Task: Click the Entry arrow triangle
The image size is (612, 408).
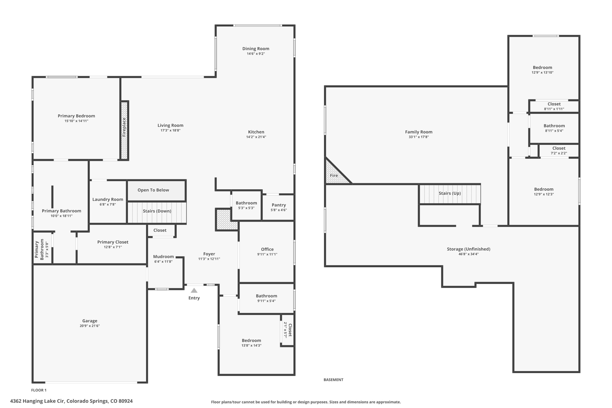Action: tap(194, 290)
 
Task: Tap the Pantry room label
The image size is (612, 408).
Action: tap(279, 205)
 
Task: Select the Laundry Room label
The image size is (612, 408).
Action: tap(108, 199)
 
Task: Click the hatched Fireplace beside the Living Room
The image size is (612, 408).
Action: tap(124, 130)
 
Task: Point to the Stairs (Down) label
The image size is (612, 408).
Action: tap(157, 211)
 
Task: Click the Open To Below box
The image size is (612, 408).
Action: tap(156, 190)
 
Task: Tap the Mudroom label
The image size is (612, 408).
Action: tap(164, 256)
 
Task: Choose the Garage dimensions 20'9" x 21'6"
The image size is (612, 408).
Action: tap(90, 326)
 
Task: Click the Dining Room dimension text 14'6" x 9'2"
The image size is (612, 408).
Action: tap(256, 54)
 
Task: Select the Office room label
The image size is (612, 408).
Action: tap(267, 249)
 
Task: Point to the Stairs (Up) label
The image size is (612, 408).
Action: tap(450, 193)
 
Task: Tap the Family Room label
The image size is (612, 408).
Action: tap(419, 132)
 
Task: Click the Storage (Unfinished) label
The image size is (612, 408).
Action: tap(469, 249)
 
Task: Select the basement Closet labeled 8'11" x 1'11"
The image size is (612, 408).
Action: tap(554, 106)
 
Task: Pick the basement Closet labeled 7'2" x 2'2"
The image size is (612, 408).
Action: tap(559, 150)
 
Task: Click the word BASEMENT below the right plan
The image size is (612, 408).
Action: tap(333, 380)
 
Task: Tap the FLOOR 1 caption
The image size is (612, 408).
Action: tap(39, 390)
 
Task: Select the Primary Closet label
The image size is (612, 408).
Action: tap(113, 242)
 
